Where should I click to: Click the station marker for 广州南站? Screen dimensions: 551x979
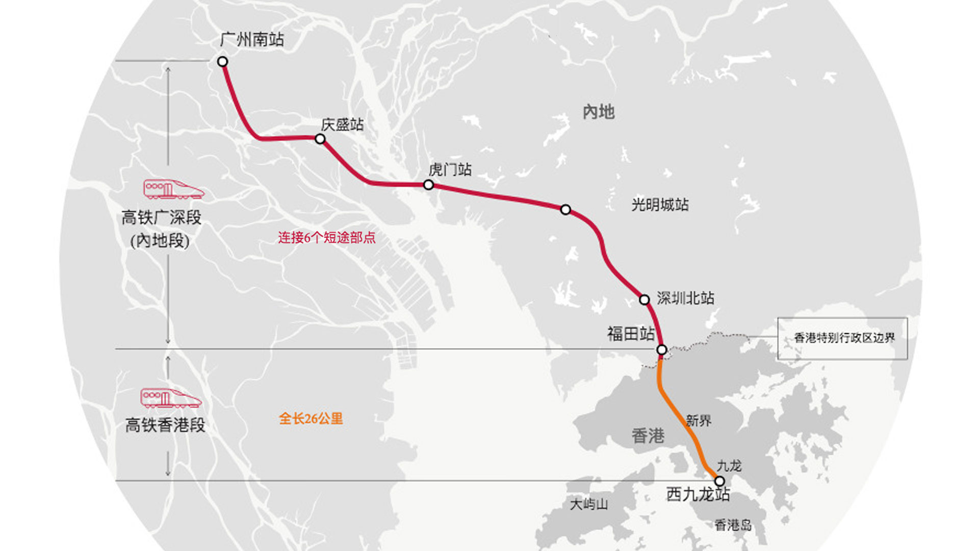coord(222,62)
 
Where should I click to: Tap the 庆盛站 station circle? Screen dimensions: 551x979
coord(320,139)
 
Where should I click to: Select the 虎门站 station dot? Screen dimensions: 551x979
coord(429,185)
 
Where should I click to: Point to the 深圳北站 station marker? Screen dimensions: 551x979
coord(645,299)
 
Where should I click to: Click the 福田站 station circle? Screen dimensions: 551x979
coord(661,350)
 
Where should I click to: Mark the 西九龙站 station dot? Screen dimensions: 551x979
coord(719,481)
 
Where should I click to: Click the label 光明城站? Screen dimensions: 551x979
coord(660,205)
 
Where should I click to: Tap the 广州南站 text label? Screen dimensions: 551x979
coord(252,40)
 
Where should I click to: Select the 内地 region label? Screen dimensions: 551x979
coord(599,112)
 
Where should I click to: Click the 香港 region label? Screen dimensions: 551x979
coord(648,436)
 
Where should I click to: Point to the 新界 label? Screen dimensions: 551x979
coord(699,421)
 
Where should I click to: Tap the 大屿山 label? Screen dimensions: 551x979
coord(589,505)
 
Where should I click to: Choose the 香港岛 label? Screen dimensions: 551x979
coord(733,525)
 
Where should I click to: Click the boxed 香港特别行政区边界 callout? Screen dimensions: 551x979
coord(843,338)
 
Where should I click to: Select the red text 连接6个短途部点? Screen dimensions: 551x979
coord(326,238)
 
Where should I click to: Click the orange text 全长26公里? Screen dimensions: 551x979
coord(311,419)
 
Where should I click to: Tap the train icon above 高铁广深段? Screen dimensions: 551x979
coord(173,189)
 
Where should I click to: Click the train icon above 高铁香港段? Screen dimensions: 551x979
coord(170,398)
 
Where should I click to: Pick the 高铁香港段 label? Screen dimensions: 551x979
coord(165,425)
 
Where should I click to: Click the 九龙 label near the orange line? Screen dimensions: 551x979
coord(729,466)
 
